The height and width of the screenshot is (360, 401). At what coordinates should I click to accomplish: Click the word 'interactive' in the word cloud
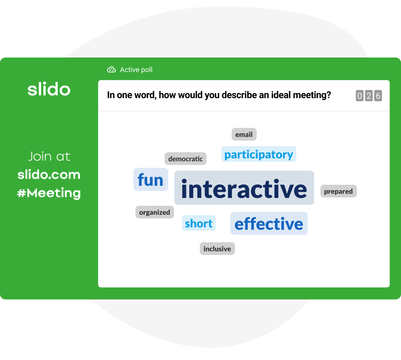pyautogui.click(x=244, y=188)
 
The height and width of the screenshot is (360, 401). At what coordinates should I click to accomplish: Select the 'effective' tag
pyautogui.click(x=269, y=224)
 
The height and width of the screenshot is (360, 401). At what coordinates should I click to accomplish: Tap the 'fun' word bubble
pyautogui.click(x=150, y=180)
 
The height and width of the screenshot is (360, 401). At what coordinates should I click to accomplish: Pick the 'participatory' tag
pyautogui.click(x=258, y=154)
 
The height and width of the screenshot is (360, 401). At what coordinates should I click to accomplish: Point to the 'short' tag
pyautogui.click(x=198, y=223)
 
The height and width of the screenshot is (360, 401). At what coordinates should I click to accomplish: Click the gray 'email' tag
pyautogui.click(x=244, y=134)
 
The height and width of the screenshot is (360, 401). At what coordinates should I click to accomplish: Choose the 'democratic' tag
pyautogui.click(x=185, y=159)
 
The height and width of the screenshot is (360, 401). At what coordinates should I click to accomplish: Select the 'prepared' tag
pyautogui.click(x=338, y=191)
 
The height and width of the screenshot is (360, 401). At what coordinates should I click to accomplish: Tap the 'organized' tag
pyautogui.click(x=154, y=212)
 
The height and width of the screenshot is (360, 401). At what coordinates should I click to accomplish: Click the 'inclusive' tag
pyautogui.click(x=217, y=249)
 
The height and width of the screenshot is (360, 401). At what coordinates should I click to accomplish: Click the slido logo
pyautogui.click(x=49, y=89)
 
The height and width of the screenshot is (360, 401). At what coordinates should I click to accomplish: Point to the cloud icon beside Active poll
pyautogui.click(x=111, y=69)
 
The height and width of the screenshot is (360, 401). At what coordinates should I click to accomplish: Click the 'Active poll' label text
pyautogui.click(x=136, y=70)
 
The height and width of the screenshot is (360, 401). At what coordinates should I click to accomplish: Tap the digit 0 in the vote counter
pyautogui.click(x=360, y=96)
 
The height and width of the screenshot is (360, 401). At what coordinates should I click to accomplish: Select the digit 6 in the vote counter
pyautogui.click(x=378, y=96)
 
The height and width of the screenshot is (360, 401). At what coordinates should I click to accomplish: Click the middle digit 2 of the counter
pyautogui.click(x=369, y=96)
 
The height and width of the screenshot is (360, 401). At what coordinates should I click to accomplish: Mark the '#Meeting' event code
pyautogui.click(x=49, y=193)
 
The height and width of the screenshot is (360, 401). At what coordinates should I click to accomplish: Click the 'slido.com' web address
pyautogui.click(x=49, y=175)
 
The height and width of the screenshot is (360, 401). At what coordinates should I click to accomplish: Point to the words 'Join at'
pyautogui.click(x=49, y=156)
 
